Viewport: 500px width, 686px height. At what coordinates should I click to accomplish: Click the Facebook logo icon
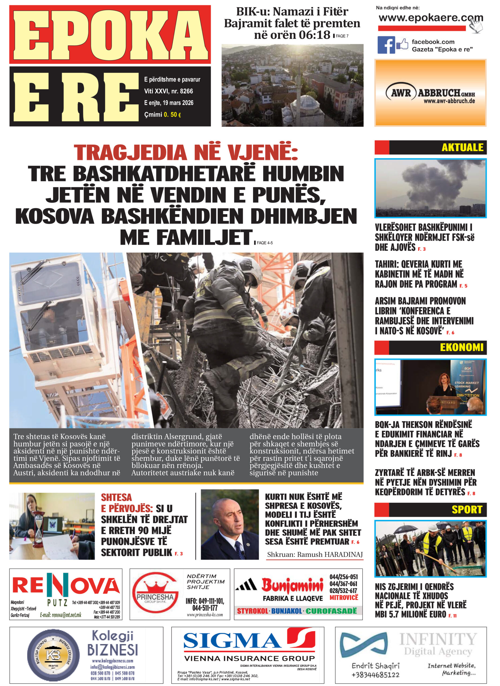[x=386, y=45]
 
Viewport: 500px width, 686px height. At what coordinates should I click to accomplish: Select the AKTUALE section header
[x=462, y=147]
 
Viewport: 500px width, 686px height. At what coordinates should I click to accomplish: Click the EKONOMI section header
[x=461, y=347]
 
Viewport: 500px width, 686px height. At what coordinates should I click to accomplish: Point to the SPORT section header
[x=467, y=510]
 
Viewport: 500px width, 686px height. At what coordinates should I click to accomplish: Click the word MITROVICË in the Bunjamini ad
[x=344, y=598]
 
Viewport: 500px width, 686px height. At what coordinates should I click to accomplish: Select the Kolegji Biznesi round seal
[x=53, y=656]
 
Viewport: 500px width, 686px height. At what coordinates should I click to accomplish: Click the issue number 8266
[x=186, y=91]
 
